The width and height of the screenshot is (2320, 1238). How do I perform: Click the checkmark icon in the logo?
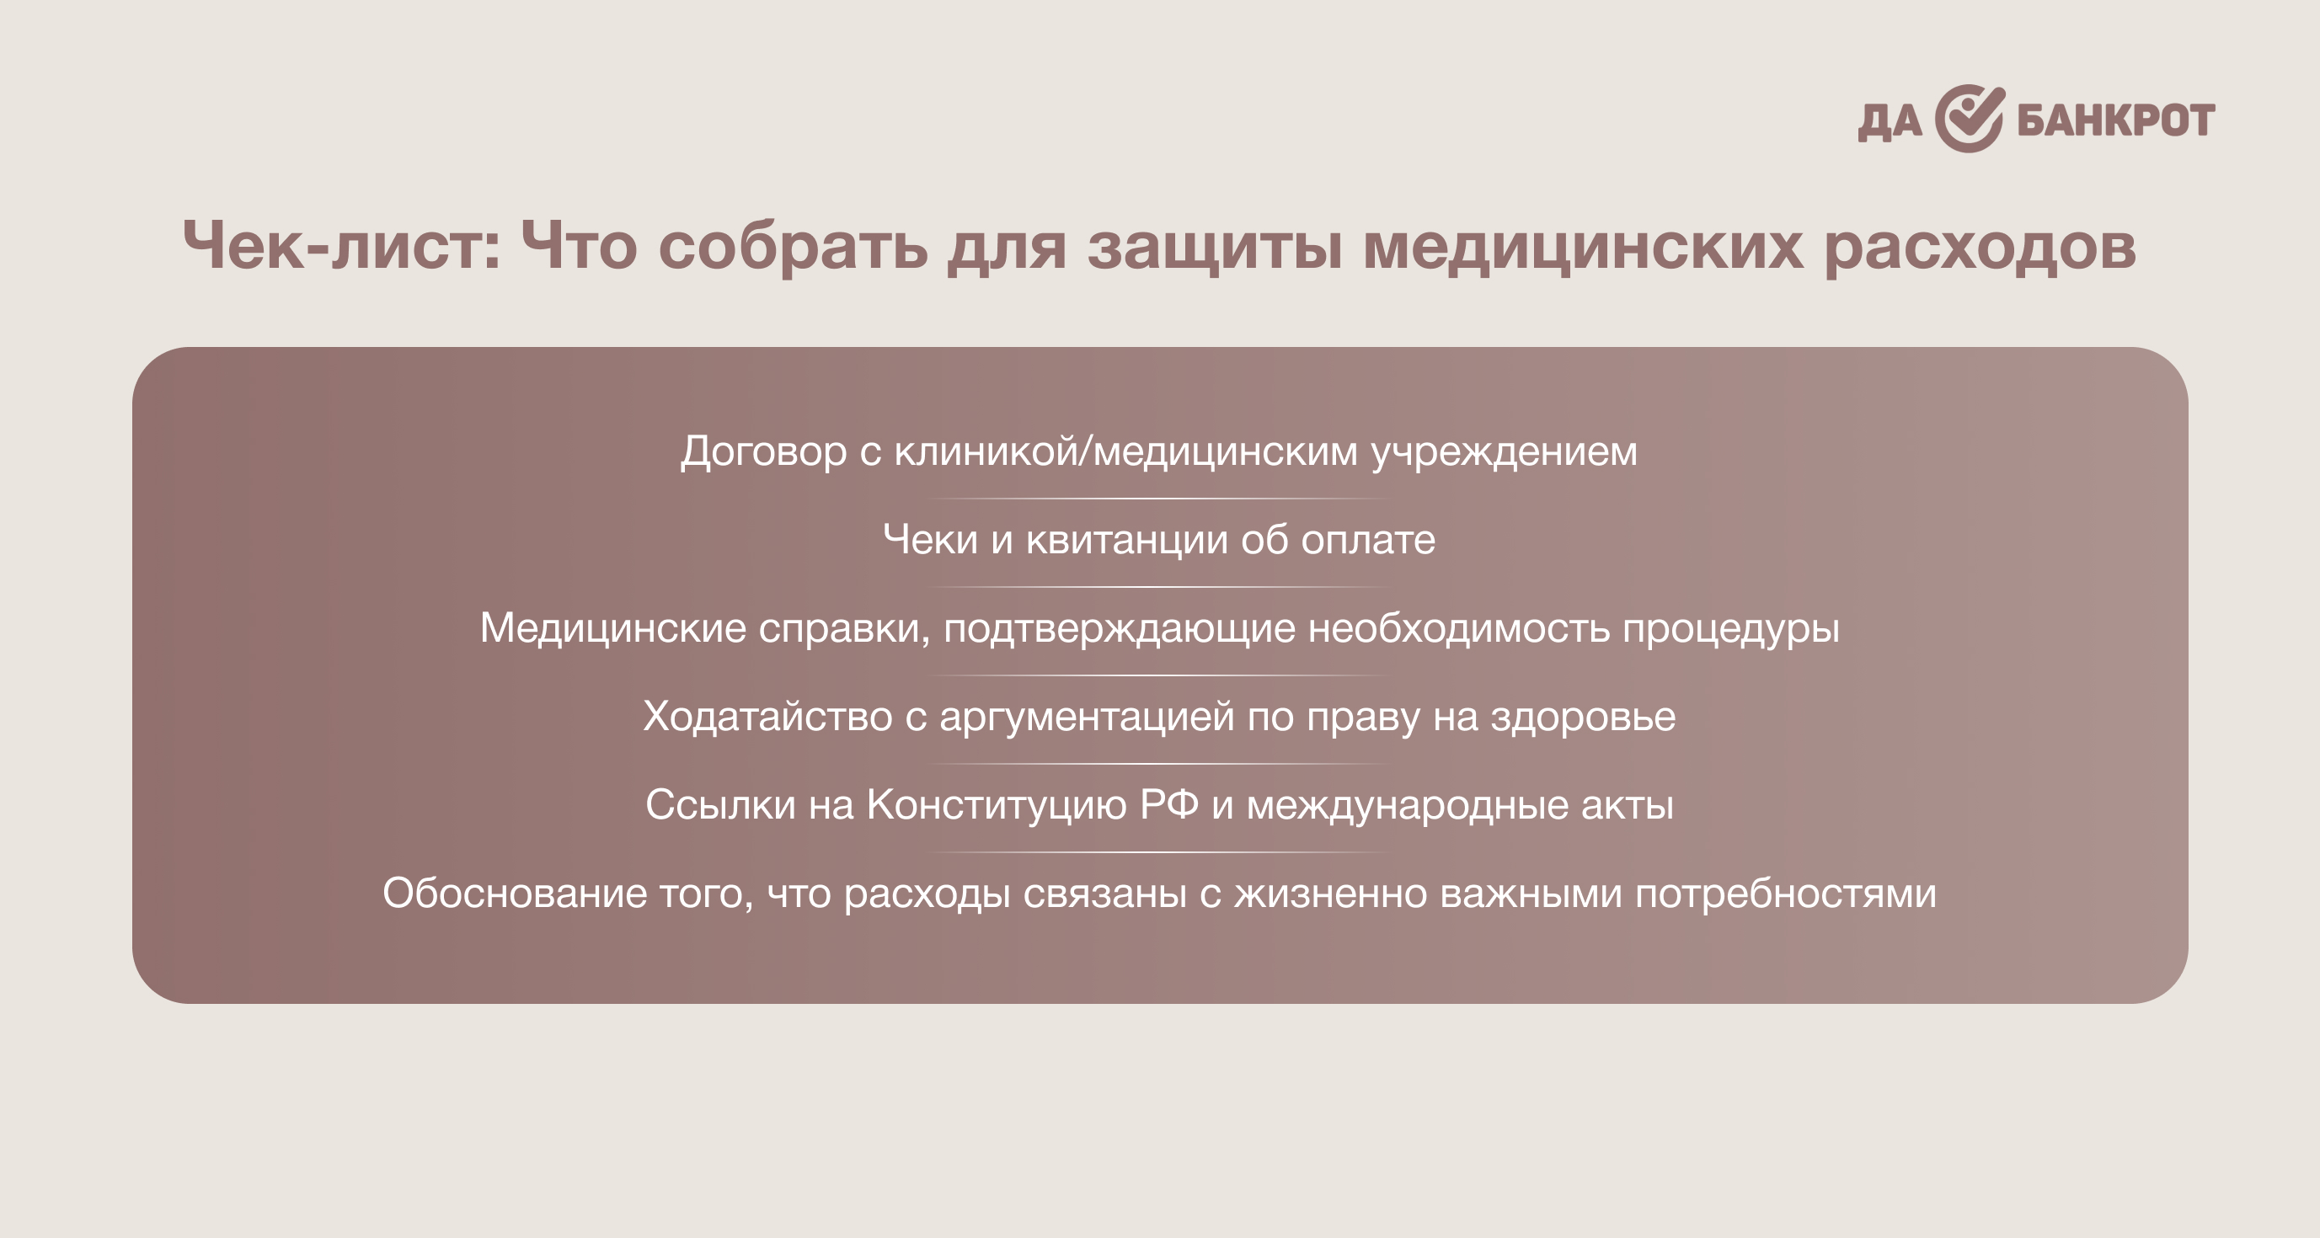coord(1970,119)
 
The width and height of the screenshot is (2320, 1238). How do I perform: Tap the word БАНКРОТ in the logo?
coord(2115,120)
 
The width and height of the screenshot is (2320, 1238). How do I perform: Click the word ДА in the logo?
coord(1890,122)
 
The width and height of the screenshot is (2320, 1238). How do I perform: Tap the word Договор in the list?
coord(764,452)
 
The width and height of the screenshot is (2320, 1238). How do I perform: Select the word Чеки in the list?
coord(930,539)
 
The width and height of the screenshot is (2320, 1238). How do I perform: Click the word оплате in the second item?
coord(1368,540)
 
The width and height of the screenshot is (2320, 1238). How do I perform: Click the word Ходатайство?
coord(768,717)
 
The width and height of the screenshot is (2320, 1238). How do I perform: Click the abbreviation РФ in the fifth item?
coord(1169,804)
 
